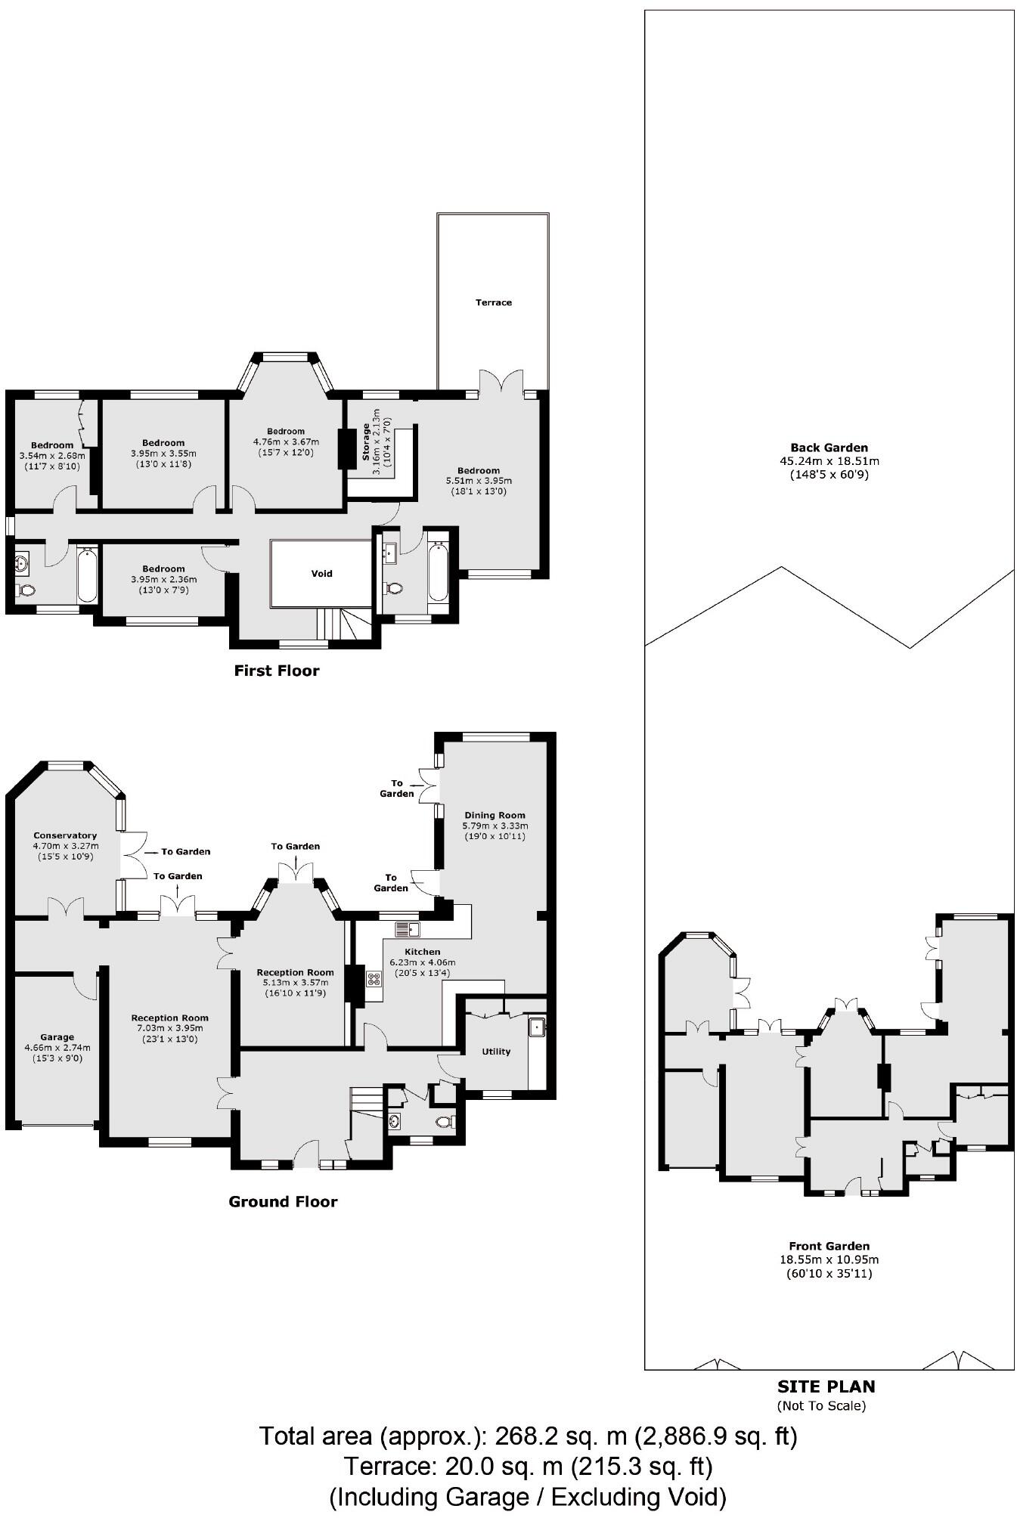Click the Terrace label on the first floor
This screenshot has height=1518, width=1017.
(493, 302)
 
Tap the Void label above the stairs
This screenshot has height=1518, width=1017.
(321, 573)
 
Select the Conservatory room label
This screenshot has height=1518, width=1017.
(65, 835)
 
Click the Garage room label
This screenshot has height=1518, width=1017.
(57, 1037)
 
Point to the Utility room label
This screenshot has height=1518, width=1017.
(496, 1052)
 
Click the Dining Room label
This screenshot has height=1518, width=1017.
(495, 815)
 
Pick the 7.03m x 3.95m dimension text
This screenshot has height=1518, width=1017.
(169, 1028)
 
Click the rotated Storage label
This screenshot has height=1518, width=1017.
(366, 442)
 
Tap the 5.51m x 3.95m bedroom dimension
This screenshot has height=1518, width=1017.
(478, 481)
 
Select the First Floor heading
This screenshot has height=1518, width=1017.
(276, 671)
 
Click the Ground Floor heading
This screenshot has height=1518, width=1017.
(283, 1201)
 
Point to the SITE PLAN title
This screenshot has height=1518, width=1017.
(826, 1386)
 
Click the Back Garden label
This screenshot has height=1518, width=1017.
(829, 448)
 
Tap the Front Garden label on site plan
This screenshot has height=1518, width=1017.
(829, 1246)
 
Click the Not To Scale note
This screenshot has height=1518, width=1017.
(821, 1406)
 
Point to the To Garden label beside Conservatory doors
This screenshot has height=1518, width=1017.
(185, 851)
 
